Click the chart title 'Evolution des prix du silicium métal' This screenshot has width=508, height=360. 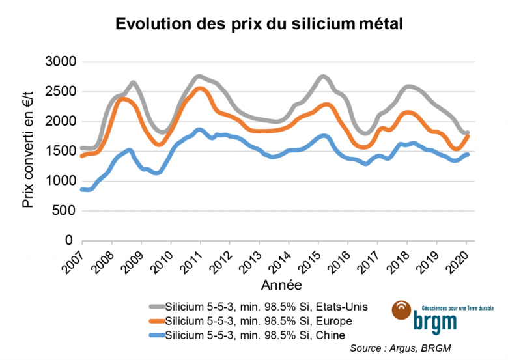click(x=259, y=24)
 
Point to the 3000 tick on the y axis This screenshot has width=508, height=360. click(x=59, y=62)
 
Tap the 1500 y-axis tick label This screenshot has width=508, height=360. click(x=59, y=151)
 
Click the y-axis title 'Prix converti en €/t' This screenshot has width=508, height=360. click(x=27, y=151)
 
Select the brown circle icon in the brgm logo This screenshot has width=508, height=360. click(x=402, y=309)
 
